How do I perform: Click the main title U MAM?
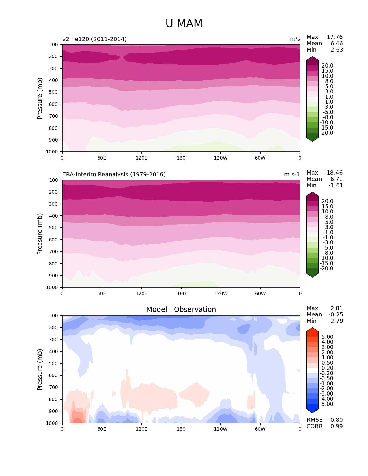pyautogui.click(x=184, y=24)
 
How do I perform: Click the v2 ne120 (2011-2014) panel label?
pyautogui.click(x=94, y=39)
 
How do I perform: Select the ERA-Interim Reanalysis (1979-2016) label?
pyautogui.click(x=114, y=175)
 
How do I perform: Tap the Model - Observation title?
pyautogui.click(x=181, y=310)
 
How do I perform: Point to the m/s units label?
pyautogui.click(x=295, y=39)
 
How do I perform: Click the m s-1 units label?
pyautogui.click(x=292, y=175)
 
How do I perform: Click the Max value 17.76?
pyautogui.click(x=335, y=37)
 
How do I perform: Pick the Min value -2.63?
pyautogui.click(x=336, y=50)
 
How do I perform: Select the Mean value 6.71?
pyautogui.click(x=337, y=179)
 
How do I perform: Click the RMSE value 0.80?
pyautogui.click(x=337, y=420)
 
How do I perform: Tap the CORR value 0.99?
pyautogui.click(x=337, y=426)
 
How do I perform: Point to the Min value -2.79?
pyautogui.click(x=336, y=321)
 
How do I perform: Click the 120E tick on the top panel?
pyautogui.click(x=141, y=158)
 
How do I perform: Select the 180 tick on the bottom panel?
pyautogui.click(x=181, y=429)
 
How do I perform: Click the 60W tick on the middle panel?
pyautogui.click(x=260, y=294)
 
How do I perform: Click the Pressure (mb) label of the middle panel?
pyautogui.click(x=40, y=234)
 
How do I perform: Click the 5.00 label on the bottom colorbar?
pyautogui.click(x=327, y=337)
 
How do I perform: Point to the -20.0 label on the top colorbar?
pyautogui.click(x=327, y=133)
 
